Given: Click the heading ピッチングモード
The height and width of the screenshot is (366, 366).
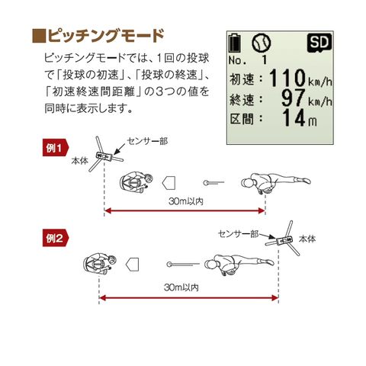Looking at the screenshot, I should click(x=105, y=36).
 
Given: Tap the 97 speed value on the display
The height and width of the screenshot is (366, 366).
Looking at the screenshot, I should click(x=292, y=98).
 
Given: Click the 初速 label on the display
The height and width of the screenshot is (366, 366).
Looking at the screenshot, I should click(x=244, y=79).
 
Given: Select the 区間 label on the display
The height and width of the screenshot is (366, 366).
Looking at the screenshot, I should click(x=244, y=119).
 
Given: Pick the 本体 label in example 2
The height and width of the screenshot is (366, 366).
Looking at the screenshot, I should click(x=307, y=239).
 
